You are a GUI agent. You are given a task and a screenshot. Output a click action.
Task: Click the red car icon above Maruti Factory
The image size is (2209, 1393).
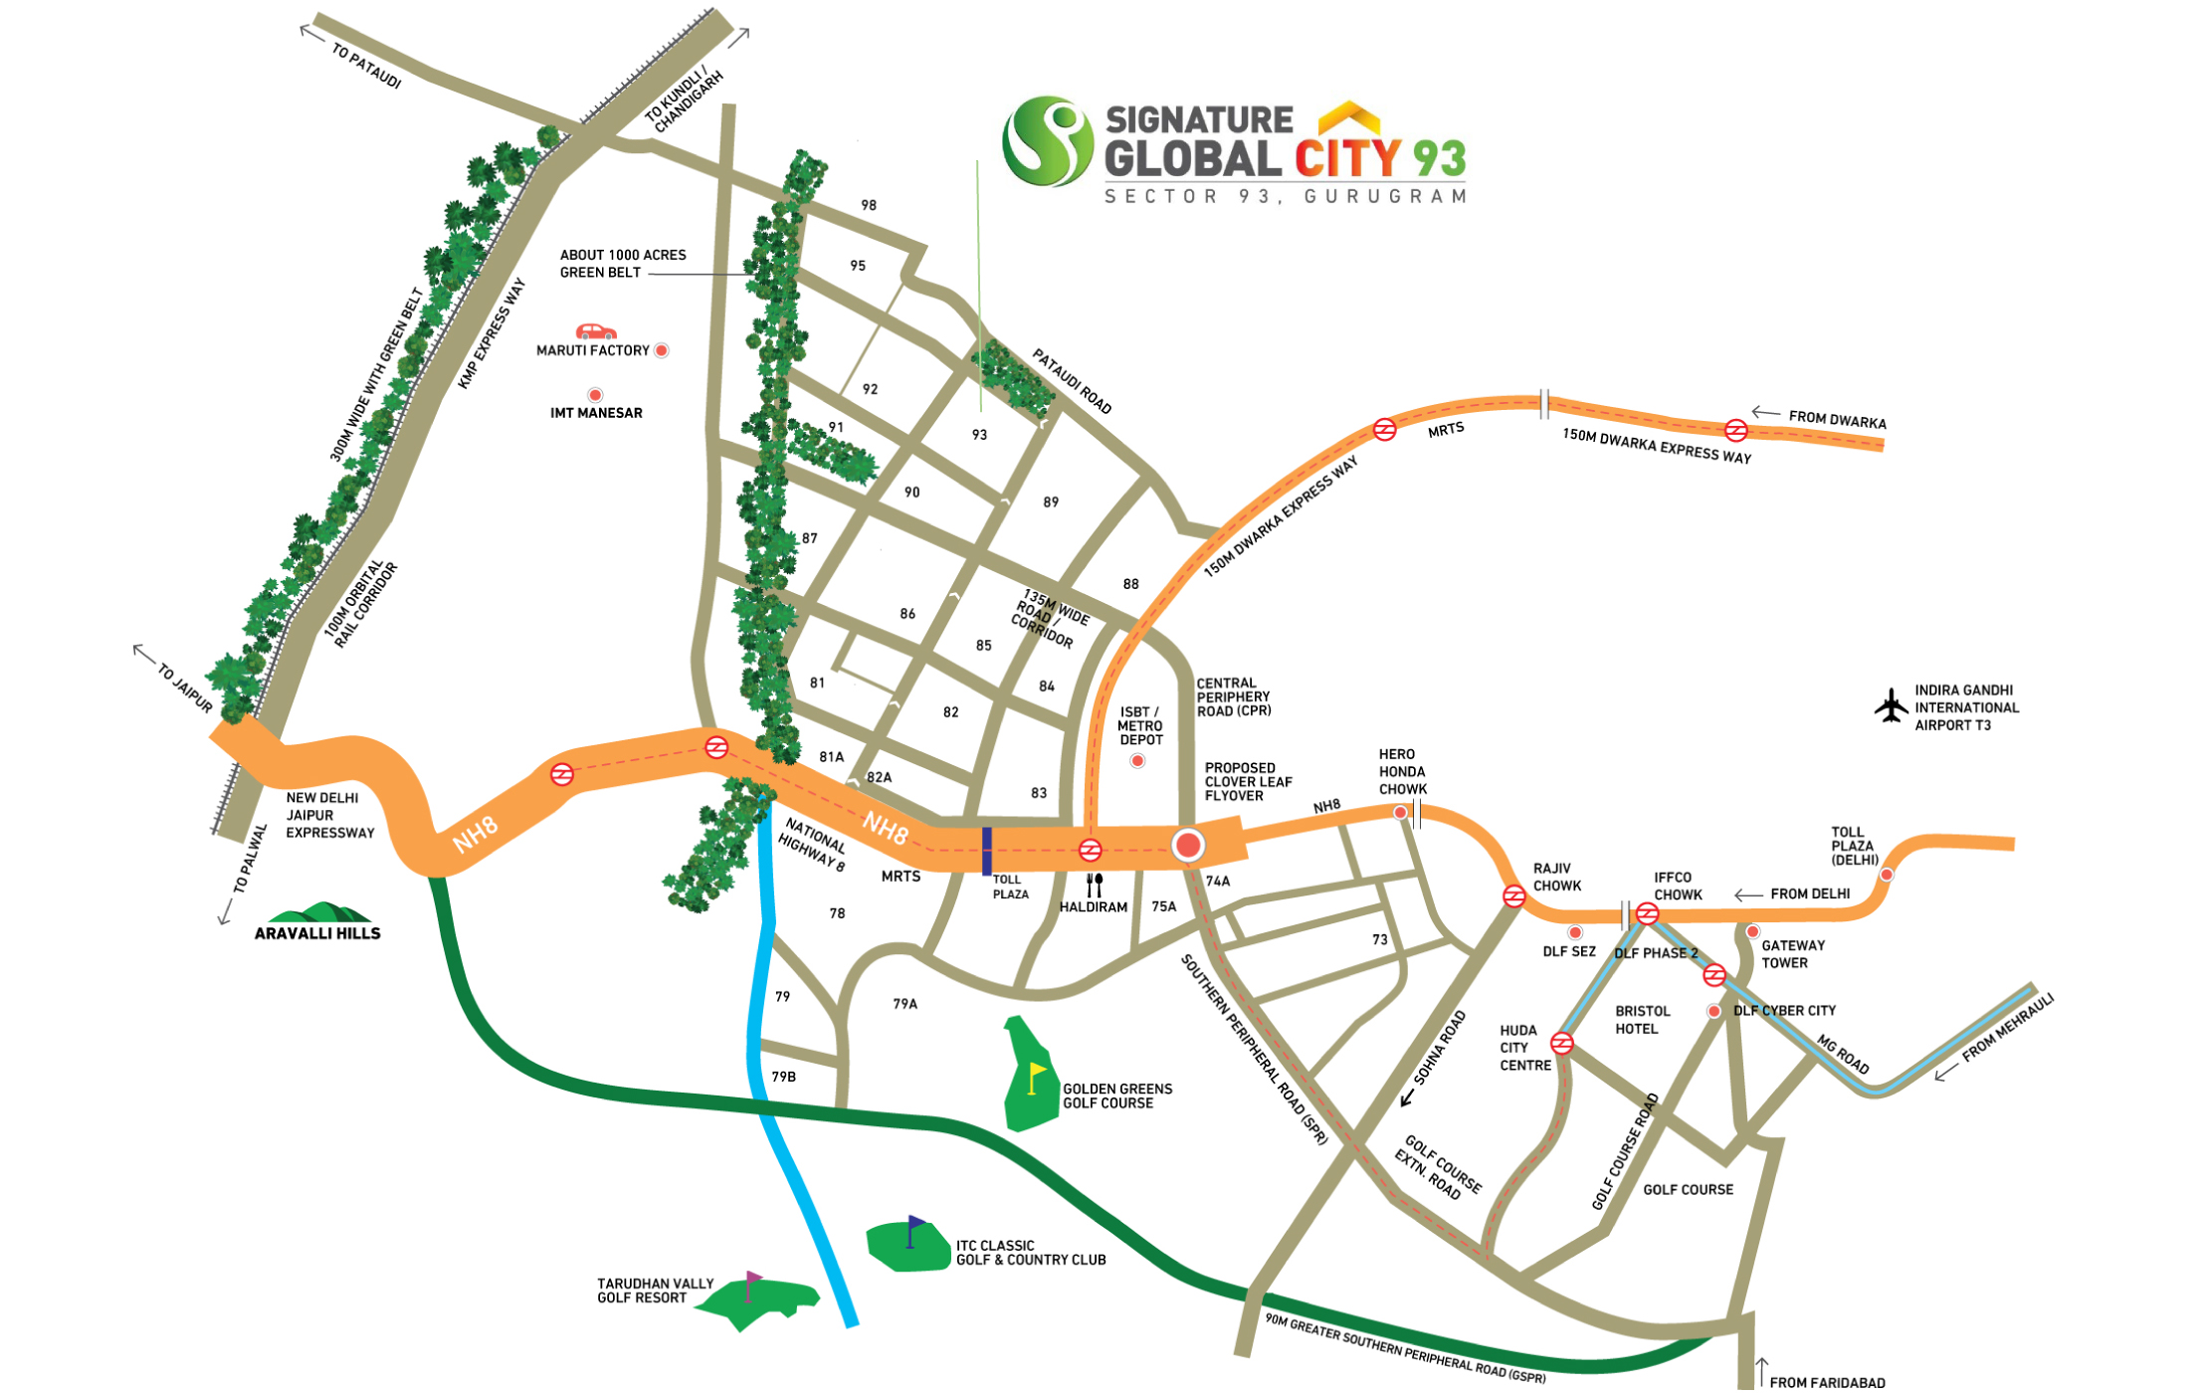(x=596, y=331)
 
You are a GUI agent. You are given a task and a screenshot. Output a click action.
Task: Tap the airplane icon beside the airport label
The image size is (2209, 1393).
(x=1891, y=705)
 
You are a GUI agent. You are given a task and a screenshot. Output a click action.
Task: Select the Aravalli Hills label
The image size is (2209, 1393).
(x=317, y=932)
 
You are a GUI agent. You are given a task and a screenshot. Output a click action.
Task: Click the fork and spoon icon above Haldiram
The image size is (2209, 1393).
(x=1095, y=884)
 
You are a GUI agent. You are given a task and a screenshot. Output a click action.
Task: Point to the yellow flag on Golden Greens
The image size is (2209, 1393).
(x=1036, y=1076)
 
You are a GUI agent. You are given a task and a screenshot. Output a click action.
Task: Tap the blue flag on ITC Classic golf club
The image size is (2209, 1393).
(x=913, y=1227)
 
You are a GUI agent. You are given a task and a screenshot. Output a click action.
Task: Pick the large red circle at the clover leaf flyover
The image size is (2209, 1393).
(x=1188, y=845)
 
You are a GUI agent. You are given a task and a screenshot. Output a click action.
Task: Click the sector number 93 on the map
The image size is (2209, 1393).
(x=979, y=435)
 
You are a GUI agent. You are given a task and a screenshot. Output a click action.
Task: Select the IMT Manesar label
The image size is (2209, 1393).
(x=596, y=413)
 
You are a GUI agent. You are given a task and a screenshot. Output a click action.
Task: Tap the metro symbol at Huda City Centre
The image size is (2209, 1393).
(x=1562, y=1043)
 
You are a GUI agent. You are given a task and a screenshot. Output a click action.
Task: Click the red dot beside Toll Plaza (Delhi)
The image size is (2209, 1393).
(x=1887, y=875)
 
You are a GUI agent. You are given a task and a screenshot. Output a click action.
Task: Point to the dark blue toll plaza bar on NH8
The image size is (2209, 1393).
(x=986, y=851)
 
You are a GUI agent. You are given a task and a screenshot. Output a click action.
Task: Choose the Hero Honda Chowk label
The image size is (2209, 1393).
(x=1402, y=771)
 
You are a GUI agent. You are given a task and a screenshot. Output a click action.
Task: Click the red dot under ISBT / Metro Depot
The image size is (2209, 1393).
(x=1137, y=761)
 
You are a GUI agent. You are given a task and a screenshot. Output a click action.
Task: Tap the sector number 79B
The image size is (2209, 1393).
(x=783, y=1077)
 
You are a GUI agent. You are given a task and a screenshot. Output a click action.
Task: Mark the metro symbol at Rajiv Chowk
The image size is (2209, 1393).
(x=1513, y=895)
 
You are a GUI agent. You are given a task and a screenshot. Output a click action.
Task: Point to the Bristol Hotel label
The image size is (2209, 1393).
(x=1642, y=1020)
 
